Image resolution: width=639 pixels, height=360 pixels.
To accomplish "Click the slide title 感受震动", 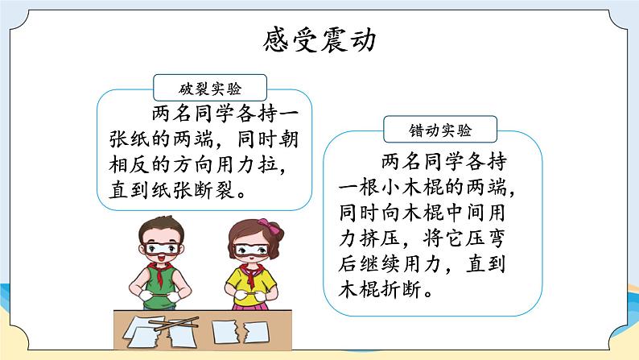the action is (x=319, y=39).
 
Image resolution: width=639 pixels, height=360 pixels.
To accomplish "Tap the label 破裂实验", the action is (x=210, y=89).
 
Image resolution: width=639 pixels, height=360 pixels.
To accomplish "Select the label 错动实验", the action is (x=440, y=130).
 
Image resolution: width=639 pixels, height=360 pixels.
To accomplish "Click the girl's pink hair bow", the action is (x=270, y=226).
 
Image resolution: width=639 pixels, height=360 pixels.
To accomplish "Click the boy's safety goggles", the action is (x=162, y=248).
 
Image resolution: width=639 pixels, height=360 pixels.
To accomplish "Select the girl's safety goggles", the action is (x=251, y=250).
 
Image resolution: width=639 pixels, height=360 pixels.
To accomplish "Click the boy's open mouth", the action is (x=162, y=258).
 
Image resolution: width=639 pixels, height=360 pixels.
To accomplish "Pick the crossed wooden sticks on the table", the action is (x=173, y=323).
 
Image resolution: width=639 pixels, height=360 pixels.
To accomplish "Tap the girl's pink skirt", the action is (x=249, y=305).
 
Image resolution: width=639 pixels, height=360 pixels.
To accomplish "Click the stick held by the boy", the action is (x=159, y=293).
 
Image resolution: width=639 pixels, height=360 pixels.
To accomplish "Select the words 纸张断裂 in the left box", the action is (x=194, y=190).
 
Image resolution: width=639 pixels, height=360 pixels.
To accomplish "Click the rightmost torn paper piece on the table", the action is (x=256, y=332).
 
